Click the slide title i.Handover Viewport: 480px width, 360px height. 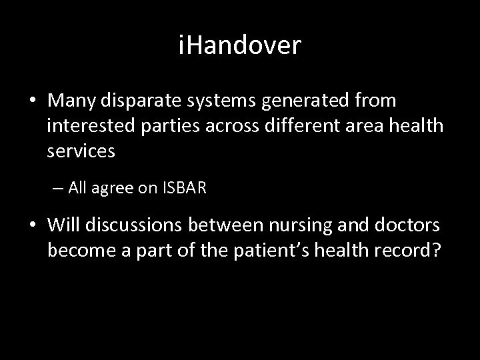[240, 46]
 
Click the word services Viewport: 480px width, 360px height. [81, 151]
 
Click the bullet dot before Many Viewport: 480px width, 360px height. [32, 101]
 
